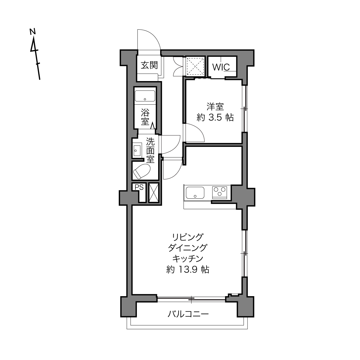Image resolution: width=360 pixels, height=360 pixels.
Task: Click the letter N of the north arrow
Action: click(33, 31)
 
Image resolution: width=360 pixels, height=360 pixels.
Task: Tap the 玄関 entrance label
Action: click(149, 65)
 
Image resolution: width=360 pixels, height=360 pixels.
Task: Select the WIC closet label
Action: click(221, 67)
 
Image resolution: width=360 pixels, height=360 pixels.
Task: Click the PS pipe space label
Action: click(139, 187)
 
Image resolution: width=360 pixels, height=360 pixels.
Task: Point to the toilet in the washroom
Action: click(142, 171)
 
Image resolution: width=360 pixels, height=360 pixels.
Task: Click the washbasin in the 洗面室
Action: click(137, 150)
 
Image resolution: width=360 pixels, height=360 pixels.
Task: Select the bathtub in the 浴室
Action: click(145, 96)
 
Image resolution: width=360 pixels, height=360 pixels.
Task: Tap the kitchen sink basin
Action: click(195, 193)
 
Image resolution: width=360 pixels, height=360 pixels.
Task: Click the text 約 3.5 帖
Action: click(215, 118)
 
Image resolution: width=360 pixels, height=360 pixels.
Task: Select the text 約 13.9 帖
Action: click(187, 270)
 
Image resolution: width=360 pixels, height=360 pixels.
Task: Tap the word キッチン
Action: click(187, 259)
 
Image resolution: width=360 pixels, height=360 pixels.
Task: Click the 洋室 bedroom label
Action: click(215, 107)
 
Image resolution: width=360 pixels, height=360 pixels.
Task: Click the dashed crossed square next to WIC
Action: click(195, 66)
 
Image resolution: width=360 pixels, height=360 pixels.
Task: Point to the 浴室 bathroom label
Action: click(145, 117)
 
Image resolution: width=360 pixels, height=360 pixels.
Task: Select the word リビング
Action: click(187, 237)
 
